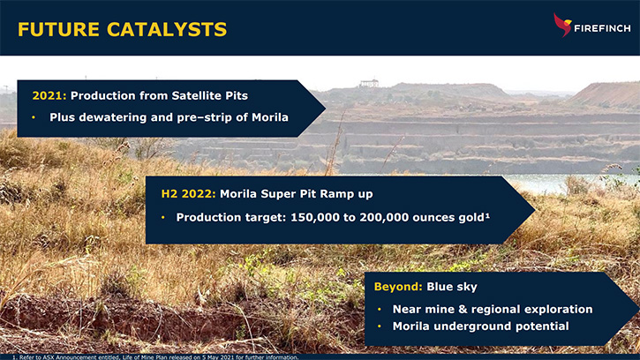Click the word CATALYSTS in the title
167,29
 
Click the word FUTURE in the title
58,29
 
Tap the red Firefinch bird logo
562,25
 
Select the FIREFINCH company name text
602,28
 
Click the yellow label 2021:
49,95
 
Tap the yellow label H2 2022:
188,193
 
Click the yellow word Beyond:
398,287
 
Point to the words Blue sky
452,287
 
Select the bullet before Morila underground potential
380,326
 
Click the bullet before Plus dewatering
34,117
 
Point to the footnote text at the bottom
155,357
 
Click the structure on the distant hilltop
369,83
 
